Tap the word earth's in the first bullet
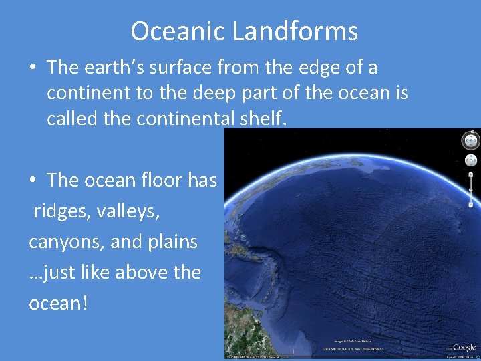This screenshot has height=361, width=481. point(118,68)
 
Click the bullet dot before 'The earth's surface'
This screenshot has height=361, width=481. point(33,68)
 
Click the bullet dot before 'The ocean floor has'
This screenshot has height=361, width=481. point(33,180)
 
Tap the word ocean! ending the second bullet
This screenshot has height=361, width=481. point(57,303)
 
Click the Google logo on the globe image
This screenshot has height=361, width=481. point(463,347)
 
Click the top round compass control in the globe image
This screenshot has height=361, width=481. point(470,141)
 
